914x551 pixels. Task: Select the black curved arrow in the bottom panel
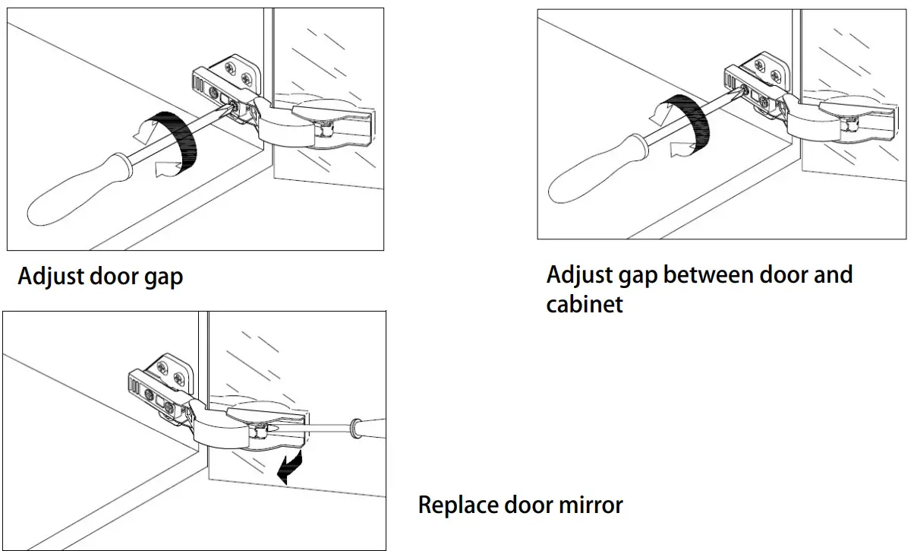pos(289,465)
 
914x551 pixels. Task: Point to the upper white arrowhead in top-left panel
pos(141,134)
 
